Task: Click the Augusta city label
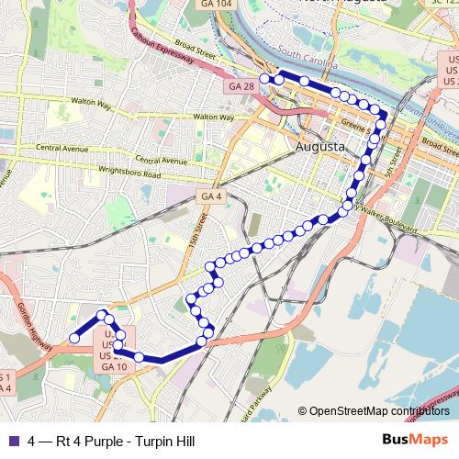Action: (320, 147)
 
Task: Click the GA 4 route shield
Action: (209, 196)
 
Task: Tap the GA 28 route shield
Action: (239, 85)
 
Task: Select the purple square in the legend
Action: (12, 442)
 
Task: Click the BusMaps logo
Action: (421, 442)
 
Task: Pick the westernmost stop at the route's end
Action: (74, 339)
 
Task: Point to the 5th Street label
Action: (394, 166)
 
